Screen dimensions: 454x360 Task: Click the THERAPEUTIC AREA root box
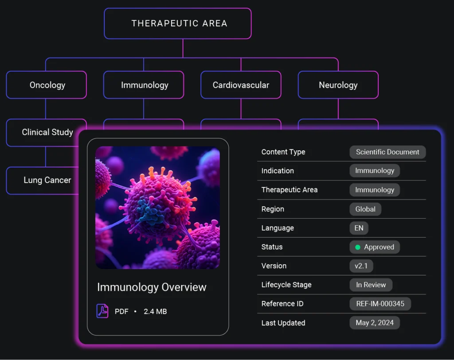(x=178, y=23)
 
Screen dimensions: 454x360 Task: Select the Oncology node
(x=46, y=85)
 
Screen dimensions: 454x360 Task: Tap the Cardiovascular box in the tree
(x=241, y=85)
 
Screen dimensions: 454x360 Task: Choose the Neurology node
(x=338, y=85)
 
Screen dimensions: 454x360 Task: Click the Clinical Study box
(x=43, y=133)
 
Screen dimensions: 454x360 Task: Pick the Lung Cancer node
(x=43, y=180)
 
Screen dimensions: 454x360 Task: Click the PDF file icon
(x=102, y=311)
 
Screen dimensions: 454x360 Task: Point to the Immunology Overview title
(x=152, y=287)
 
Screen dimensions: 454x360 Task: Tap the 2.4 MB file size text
(x=155, y=311)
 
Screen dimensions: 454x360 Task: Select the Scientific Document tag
(x=387, y=152)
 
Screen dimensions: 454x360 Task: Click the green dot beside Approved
(x=358, y=247)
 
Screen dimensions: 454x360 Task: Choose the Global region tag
(x=365, y=209)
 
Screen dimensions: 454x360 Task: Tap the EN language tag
(x=359, y=228)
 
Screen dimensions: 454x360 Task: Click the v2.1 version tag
(x=361, y=266)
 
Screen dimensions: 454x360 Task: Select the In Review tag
(x=371, y=285)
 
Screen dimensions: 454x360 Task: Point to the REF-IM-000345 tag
(x=380, y=304)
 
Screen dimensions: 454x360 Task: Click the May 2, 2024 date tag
(x=375, y=323)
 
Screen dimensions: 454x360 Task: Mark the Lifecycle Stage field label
(x=286, y=285)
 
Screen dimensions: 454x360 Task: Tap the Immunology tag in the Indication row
(x=375, y=171)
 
